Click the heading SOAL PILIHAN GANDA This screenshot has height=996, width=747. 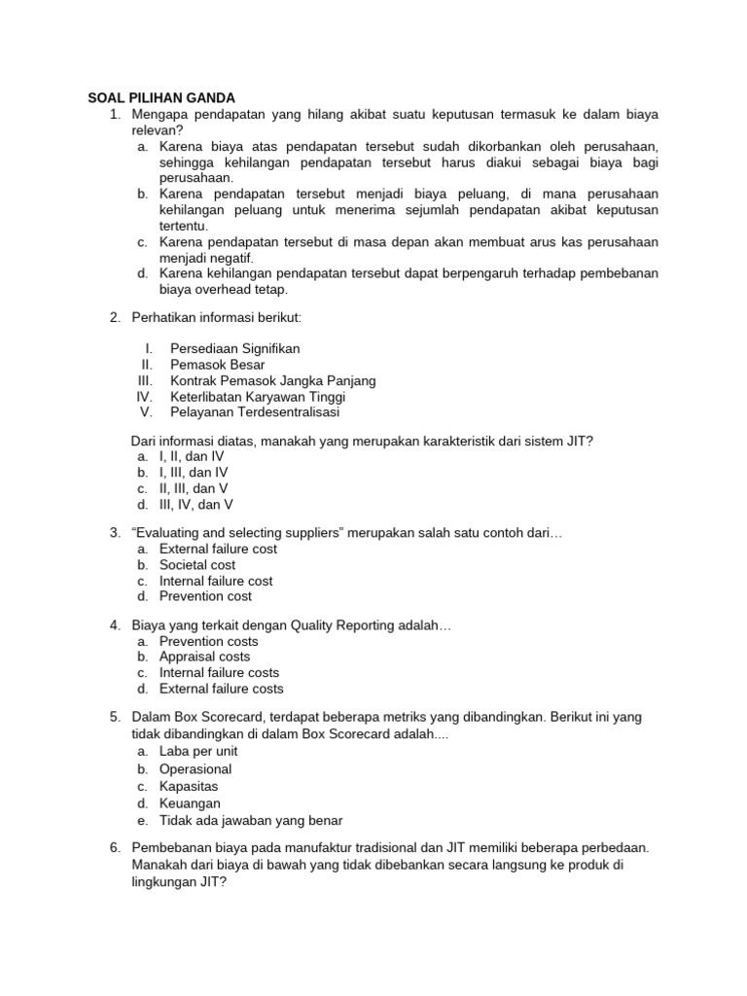click(x=156, y=98)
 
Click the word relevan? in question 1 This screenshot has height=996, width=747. click(x=157, y=130)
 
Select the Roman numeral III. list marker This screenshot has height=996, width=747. click(x=146, y=380)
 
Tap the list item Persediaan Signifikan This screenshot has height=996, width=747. click(x=234, y=348)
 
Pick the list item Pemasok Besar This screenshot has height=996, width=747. click(x=218, y=365)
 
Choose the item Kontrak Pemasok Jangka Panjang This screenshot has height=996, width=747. click(x=272, y=380)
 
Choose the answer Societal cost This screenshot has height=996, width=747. click(x=197, y=565)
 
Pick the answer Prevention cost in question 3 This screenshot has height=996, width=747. click(x=205, y=596)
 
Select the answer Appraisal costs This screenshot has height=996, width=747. click(x=204, y=657)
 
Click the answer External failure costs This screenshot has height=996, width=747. click(x=222, y=689)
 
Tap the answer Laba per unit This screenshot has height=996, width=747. click(x=198, y=752)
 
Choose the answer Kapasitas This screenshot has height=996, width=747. click(x=189, y=786)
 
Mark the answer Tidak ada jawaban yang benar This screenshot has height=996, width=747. click(x=251, y=820)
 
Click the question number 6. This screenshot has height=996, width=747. click(x=114, y=847)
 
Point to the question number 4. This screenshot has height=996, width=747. click(x=114, y=624)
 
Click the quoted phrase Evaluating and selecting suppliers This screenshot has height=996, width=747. click(x=252, y=533)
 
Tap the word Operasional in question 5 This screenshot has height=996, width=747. click(x=196, y=769)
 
